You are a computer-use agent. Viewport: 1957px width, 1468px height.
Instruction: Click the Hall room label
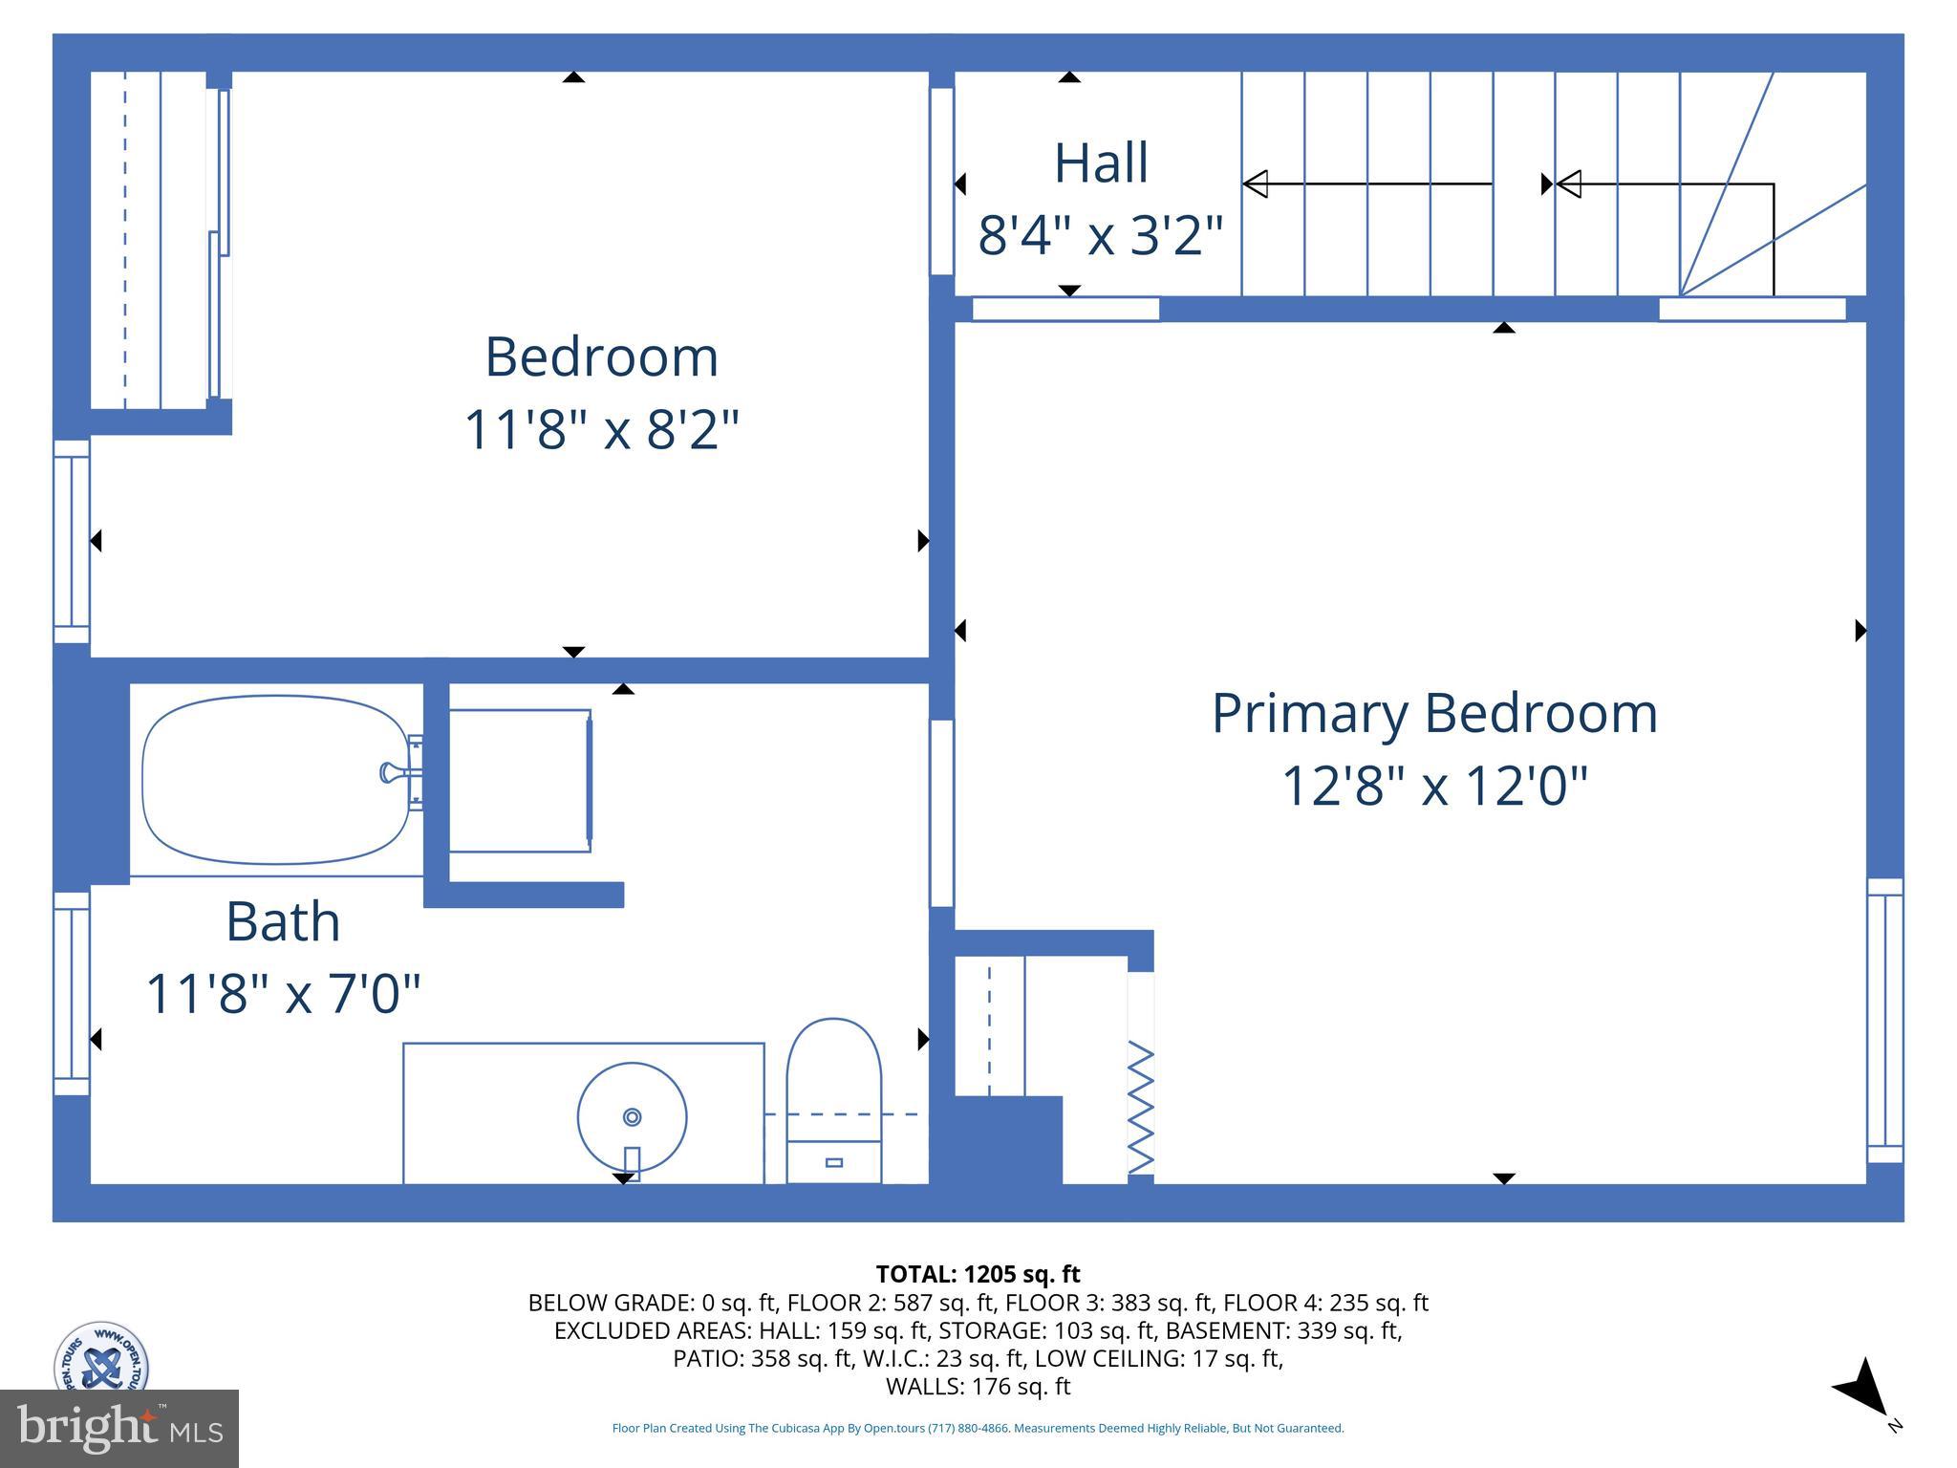[1100, 163]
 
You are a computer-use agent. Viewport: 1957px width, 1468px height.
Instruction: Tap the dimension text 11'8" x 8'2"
[601, 429]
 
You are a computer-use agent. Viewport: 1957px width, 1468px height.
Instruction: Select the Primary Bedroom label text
[1433, 713]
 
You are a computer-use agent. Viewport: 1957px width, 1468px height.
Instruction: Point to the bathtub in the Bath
[274, 780]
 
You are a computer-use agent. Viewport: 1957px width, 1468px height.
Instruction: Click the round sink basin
[632, 1115]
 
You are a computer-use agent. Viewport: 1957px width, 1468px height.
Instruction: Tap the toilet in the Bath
[833, 1099]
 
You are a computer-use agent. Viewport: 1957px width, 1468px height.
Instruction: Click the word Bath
[283, 921]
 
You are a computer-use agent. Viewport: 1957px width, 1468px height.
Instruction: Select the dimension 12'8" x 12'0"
[1433, 786]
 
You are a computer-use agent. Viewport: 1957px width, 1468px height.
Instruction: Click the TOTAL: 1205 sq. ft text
[978, 1274]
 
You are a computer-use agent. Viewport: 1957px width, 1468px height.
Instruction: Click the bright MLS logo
[118, 1428]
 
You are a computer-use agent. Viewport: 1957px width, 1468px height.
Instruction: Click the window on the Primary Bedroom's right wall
[1884, 1020]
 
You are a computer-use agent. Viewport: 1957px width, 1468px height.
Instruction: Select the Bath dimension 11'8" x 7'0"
[283, 993]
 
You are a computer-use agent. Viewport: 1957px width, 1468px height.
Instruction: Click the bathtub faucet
[394, 772]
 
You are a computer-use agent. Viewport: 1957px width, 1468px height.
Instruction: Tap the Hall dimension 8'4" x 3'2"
[1100, 235]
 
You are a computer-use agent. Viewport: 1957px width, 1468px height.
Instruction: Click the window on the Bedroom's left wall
[72, 541]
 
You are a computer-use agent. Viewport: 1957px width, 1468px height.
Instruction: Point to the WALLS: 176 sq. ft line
[978, 1386]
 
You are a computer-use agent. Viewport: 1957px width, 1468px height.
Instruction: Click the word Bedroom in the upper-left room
[601, 356]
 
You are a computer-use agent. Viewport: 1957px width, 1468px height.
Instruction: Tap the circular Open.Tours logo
[100, 1357]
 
